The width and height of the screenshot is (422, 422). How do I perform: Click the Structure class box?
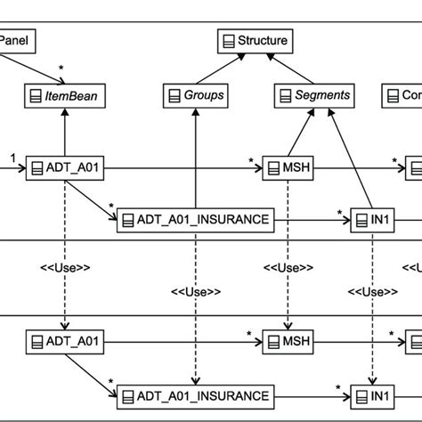coord(254,40)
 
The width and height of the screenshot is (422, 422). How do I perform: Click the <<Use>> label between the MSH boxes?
coord(287,266)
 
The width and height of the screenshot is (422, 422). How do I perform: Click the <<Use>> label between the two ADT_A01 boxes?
coord(63,266)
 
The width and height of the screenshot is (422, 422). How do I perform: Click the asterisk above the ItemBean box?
coord(61,69)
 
